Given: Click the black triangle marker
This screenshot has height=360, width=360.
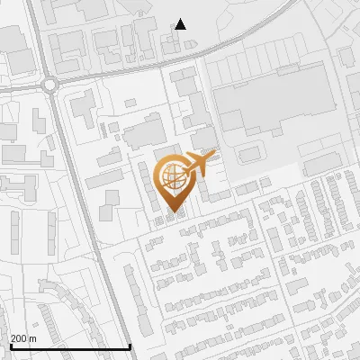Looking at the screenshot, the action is tap(181, 24).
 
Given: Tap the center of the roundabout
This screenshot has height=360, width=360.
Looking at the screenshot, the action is tap(49, 85).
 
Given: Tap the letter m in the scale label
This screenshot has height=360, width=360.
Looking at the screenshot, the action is tap(33, 338).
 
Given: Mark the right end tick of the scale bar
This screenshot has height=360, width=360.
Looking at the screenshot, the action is tap(130, 346).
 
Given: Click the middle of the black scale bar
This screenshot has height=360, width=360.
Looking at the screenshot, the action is tap(70, 346).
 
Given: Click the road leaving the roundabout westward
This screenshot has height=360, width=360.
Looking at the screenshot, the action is tap(22, 84).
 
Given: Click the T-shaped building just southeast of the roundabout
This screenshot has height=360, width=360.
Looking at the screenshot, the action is tap(80, 107).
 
